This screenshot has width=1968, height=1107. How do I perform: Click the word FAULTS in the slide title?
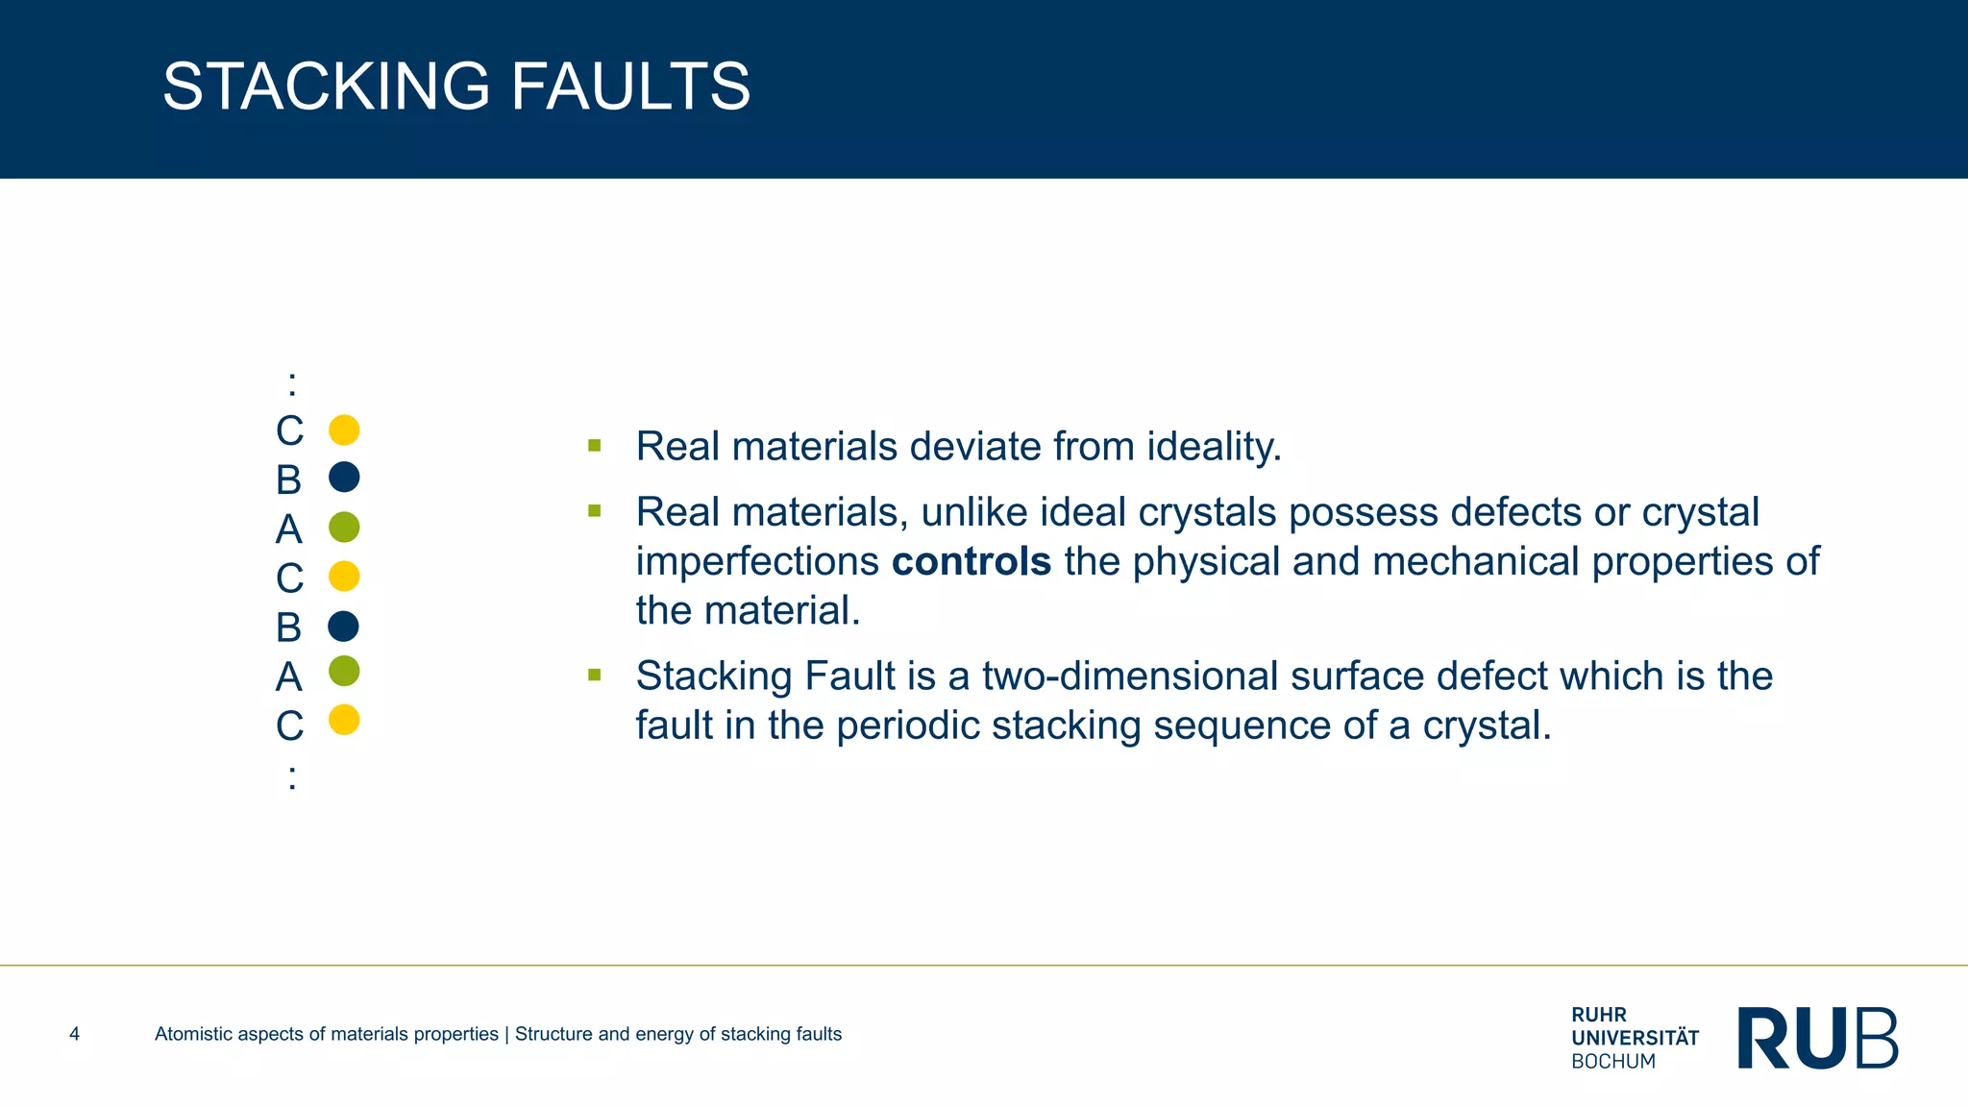[629, 86]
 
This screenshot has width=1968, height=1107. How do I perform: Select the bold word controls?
[972, 561]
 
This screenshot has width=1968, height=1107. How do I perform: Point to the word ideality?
[1214, 447]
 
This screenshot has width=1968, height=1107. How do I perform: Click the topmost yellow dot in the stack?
[344, 430]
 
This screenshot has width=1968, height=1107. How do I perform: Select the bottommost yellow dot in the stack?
[344, 720]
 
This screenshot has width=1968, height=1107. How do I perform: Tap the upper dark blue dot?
[344, 478]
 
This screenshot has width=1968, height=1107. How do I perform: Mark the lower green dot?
[344, 671]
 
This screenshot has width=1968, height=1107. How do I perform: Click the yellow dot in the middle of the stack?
[344, 577]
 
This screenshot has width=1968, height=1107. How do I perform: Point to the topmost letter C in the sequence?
[289, 431]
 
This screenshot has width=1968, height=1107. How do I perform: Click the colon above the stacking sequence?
[292, 384]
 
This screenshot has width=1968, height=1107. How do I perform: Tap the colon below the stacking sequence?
[292, 776]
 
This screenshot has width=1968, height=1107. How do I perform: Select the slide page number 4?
[75, 1034]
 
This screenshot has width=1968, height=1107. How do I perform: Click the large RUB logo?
[1817, 1038]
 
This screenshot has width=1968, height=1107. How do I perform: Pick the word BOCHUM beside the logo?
[1613, 1062]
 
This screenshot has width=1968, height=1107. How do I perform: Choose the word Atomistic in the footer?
[193, 1034]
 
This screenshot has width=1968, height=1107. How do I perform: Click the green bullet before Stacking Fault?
[595, 676]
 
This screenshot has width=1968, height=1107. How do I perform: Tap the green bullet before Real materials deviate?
[595, 446]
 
